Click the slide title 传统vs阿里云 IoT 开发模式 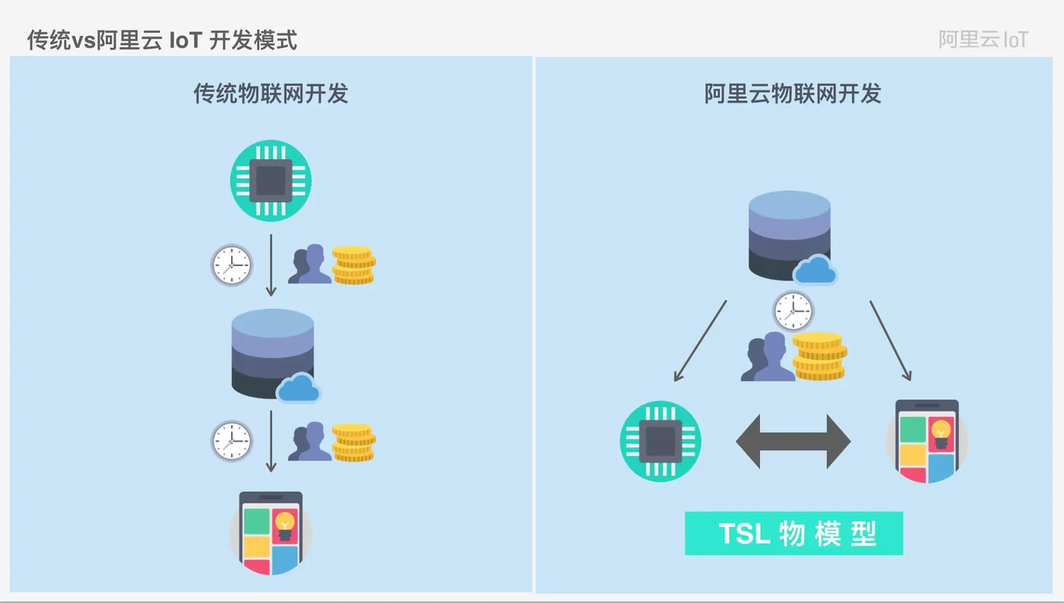tap(162, 40)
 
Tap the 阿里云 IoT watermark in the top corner tap(983, 40)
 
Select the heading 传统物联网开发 tap(271, 94)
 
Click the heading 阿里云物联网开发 tap(793, 94)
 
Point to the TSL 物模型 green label tap(793, 534)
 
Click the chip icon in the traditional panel tap(271, 181)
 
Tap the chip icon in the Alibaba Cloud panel tap(660, 442)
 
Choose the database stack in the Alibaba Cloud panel tap(789, 234)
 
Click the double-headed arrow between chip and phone tap(793, 442)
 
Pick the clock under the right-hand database tap(793, 311)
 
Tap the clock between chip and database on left tap(231, 265)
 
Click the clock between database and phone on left tap(231, 441)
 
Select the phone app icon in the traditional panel tap(271, 533)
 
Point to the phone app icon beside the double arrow tap(926, 441)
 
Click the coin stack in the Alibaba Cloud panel tap(819, 356)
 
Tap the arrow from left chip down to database tap(271, 265)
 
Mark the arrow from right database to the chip tap(700, 340)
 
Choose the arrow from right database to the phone tap(890, 340)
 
